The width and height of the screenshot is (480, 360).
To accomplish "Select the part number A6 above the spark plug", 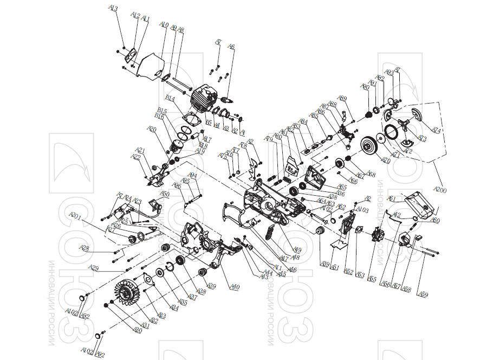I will click(231, 47).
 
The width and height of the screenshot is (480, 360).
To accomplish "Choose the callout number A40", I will click(235, 287).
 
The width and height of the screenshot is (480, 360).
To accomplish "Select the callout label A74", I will click(436, 131).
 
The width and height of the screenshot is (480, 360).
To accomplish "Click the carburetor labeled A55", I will click(375, 237).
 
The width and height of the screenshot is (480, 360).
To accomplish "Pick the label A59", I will click(424, 294).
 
